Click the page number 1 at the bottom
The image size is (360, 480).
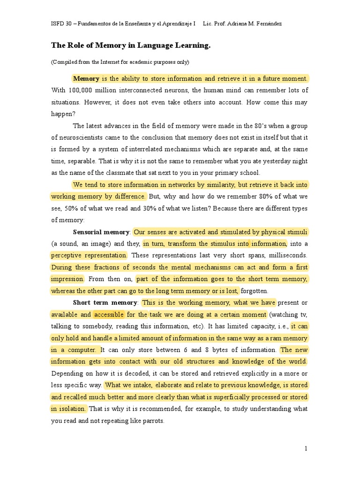(x=306, y=449)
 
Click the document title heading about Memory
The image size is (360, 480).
(x=131, y=46)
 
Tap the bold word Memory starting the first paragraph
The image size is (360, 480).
(x=86, y=79)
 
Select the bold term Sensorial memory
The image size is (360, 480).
(x=101, y=232)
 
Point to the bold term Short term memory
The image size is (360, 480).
(x=105, y=303)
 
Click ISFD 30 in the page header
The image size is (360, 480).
(x=62, y=23)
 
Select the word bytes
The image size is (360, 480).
(x=218, y=350)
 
